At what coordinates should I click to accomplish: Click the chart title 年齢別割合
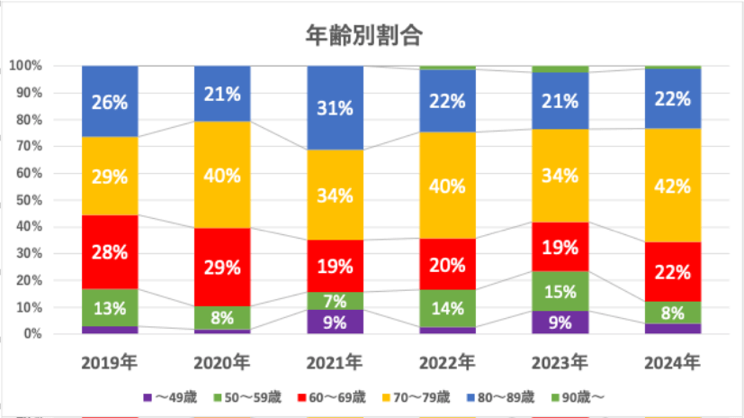coord(365,35)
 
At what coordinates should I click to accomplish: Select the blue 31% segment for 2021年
coord(335,108)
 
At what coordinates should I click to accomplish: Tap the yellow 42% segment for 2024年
coord(673,186)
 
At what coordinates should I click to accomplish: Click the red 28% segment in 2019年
coord(109,252)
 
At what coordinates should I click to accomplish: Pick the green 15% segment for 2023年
coord(560,291)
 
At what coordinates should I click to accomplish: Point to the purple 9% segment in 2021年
coord(335,322)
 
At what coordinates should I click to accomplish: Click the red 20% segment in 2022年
coord(448,264)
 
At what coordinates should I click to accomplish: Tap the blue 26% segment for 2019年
coord(109,101)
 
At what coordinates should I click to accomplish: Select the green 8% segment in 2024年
coord(673,313)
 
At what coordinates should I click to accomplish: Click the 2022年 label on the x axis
coord(448,362)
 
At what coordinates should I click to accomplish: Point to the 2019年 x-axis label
coord(109,362)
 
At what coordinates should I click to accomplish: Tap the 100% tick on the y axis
coord(26,66)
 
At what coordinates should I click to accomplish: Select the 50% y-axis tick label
coord(29,200)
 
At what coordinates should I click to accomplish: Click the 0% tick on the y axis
coord(33,334)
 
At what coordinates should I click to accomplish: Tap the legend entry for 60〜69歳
coord(334,396)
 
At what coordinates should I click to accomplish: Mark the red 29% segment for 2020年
coord(222,268)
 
